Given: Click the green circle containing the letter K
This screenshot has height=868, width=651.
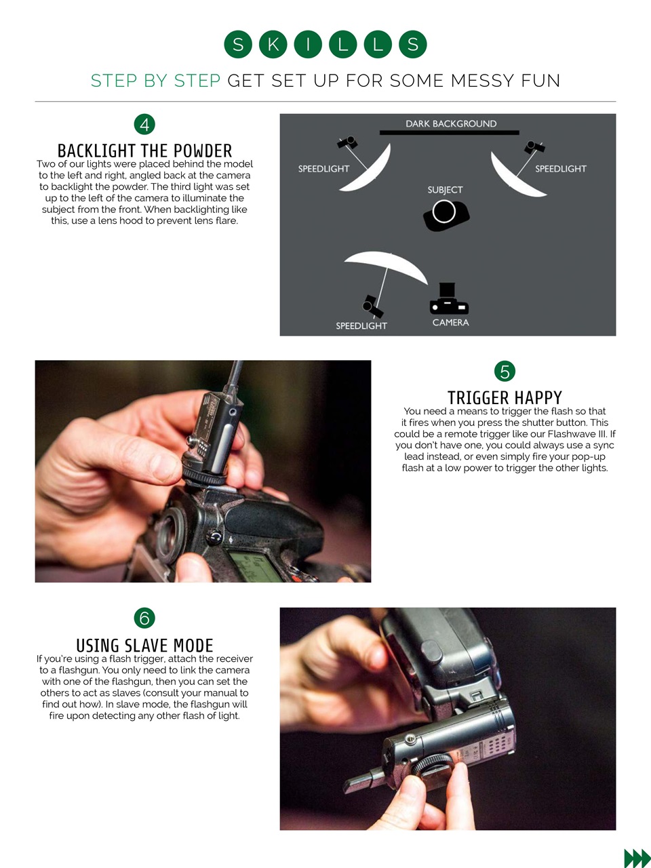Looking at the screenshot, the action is (273, 44).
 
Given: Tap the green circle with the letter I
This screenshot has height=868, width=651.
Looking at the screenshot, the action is (308, 44).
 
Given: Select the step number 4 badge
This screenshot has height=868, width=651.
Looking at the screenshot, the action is (144, 125).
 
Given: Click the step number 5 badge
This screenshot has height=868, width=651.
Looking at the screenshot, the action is (505, 371).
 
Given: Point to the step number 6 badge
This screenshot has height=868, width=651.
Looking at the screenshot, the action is (144, 618).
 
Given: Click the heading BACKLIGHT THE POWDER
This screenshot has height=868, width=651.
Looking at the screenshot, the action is (144, 151).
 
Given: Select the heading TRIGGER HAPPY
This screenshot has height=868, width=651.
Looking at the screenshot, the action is (505, 397).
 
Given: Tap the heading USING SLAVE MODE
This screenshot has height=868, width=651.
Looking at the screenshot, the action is (144, 646).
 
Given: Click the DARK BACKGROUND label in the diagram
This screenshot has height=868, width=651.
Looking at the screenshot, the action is (451, 124).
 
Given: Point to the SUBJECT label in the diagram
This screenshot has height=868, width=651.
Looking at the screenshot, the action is (445, 190).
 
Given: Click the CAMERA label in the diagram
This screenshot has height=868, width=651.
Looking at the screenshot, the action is (450, 323).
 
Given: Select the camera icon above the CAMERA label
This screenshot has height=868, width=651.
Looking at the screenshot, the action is (449, 298).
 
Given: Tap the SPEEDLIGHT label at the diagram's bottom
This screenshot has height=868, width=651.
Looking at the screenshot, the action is (361, 326).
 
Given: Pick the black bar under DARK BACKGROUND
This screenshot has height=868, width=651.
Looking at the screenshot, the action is (450, 133).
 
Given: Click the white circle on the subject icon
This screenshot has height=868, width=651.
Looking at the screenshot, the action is (443, 212).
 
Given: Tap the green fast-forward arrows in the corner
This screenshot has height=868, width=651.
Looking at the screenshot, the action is (637, 858).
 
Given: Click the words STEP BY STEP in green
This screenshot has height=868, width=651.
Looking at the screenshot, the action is (155, 81).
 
